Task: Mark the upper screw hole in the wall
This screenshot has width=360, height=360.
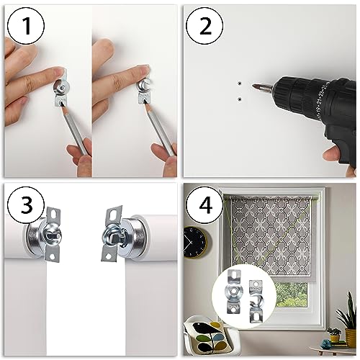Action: (239, 84)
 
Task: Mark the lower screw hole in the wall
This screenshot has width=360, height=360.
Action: (239, 98)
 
